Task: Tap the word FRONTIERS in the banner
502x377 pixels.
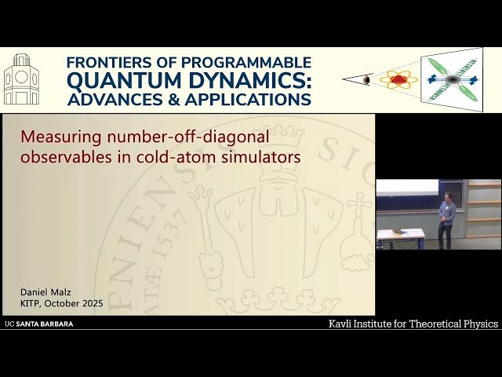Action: [x=105, y=62]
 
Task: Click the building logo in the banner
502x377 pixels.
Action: [x=21, y=80]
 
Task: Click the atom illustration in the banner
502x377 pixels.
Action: [x=398, y=79]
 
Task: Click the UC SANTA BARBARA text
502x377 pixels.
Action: [x=39, y=324]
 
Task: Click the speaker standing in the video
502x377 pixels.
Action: [x=446, y=218]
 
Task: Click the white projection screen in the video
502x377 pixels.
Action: [x=407, y=188]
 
